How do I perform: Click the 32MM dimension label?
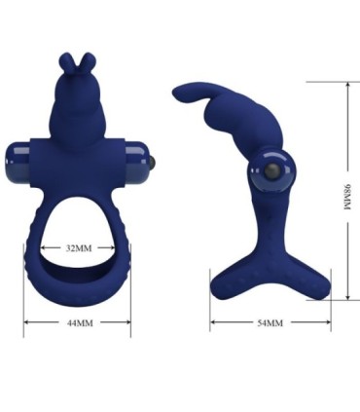78,248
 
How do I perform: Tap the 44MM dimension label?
78,321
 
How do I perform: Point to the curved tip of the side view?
180,94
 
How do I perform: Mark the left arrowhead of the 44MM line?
26,321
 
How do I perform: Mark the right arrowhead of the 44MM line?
128,321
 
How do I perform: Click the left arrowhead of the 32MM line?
42,248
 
